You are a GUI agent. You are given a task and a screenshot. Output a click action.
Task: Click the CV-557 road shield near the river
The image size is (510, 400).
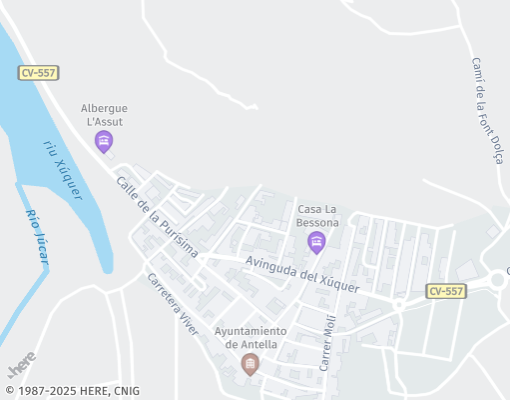coord(38,74)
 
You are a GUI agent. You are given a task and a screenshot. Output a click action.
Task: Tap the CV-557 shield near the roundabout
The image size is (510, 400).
coord(445,291)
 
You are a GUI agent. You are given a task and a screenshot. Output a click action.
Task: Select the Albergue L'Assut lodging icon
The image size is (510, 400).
coord(103,142)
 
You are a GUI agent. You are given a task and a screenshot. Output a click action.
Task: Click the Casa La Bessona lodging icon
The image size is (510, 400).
coord(316,241)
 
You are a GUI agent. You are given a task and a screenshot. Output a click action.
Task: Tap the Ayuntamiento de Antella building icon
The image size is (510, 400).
coord(250,363)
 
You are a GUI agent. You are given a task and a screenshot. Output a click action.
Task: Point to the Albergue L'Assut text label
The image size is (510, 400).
coord(105,114)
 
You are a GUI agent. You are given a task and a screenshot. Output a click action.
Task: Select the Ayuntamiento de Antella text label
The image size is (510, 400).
coord(250,338)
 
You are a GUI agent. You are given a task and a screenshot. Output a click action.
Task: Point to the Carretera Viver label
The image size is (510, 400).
coord(173,303)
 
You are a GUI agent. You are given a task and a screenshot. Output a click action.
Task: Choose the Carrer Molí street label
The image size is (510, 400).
coord(325,342)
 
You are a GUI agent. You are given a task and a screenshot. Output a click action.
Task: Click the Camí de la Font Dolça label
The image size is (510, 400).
coord(485,115)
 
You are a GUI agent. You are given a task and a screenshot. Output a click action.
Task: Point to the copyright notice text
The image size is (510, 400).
coord(72,391)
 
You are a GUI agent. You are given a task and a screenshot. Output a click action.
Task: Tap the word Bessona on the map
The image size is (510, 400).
coord(317,221)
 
